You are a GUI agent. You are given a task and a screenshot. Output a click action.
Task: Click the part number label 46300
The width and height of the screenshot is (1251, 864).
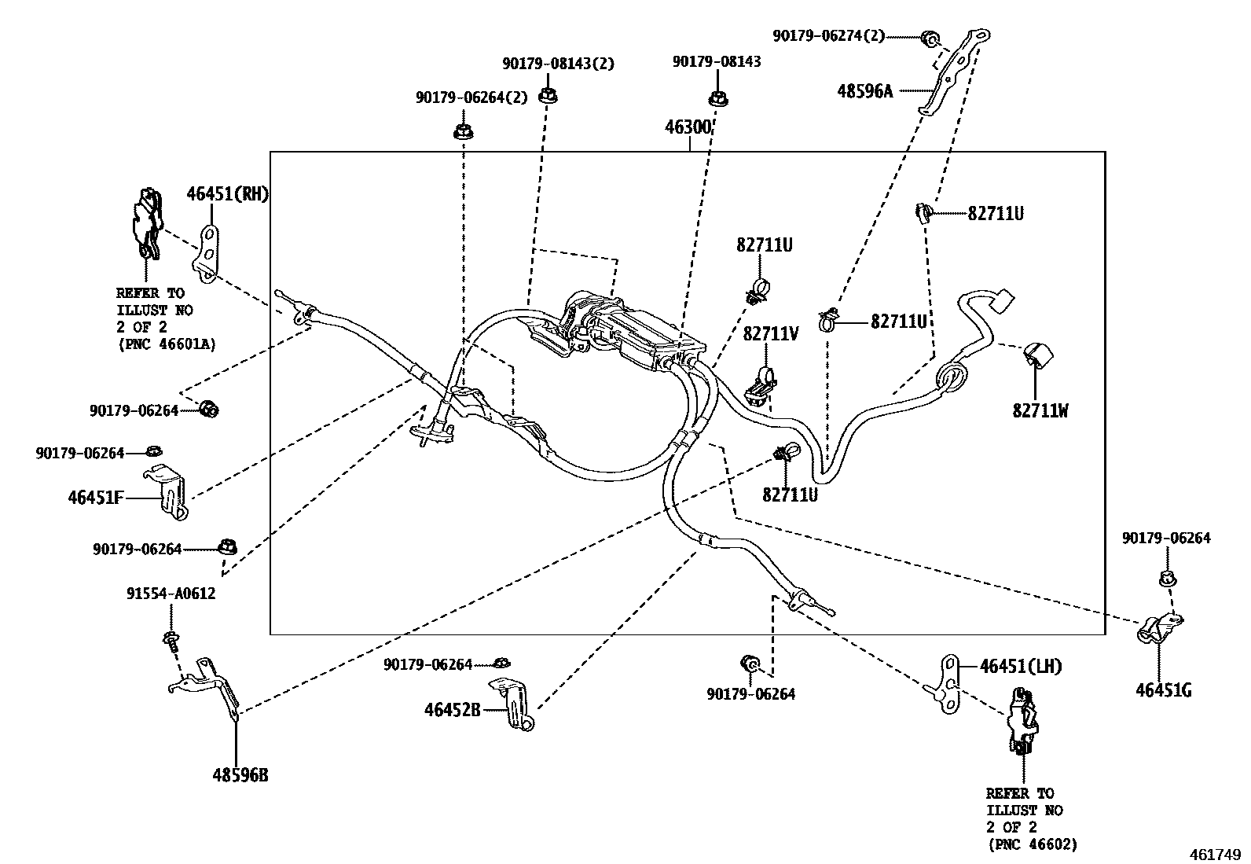coord(688,127)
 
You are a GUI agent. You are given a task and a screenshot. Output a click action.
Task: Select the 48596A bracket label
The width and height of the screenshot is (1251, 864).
coord(864,90)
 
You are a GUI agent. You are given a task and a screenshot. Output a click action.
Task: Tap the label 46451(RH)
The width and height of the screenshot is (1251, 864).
coord(227,193)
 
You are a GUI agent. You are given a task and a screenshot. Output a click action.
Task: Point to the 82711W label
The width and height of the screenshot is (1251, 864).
coord(1040,410)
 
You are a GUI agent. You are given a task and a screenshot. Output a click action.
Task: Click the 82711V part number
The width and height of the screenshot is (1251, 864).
coord(771,334)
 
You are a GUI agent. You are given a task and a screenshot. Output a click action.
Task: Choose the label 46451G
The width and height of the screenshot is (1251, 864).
coord(1163,690)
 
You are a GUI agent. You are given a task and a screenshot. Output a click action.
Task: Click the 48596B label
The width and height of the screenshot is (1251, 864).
coord(240,775)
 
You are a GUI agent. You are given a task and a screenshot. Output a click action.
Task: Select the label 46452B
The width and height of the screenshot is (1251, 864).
coord(452,710)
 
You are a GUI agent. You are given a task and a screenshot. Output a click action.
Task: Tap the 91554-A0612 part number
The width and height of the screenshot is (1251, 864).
coord(171,594)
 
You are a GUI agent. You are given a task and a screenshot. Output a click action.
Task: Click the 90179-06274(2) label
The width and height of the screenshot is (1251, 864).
coord(828,35)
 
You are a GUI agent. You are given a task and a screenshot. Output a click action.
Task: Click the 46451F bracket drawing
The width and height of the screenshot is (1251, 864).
coord(170,491)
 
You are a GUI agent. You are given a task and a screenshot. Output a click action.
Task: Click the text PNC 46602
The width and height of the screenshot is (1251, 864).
coord(1031,844)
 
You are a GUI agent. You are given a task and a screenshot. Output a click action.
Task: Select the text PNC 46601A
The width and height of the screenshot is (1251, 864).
coord(166,344)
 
